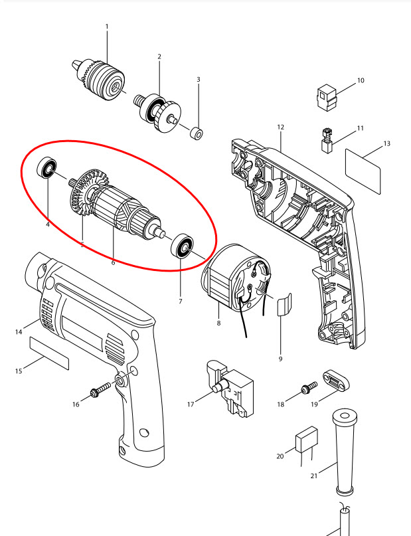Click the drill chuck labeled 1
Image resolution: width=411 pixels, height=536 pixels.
tap(98, 79)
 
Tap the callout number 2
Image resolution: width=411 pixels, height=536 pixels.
tap(159, 56)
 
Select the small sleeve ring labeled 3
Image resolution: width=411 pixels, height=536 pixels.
tap(197, 133)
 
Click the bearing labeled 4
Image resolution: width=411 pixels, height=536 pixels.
tap(46, 167)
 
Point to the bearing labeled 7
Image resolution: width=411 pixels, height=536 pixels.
tap(182, 246)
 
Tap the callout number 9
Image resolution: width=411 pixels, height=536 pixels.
tap(280, 359)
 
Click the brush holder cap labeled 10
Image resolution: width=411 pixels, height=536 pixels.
tap(327, 98)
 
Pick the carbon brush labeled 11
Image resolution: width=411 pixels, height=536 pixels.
tap(327, 140)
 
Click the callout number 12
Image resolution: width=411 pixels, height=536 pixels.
tap(280, 127)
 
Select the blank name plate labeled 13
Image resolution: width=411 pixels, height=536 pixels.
tap(363, 171)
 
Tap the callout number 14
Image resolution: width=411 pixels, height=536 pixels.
tap(19, 331)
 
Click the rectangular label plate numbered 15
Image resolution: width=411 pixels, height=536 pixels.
tap(49, 353)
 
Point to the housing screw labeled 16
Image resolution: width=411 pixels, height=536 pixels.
tap(101, 389)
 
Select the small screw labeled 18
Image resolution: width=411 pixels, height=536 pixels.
tap(309, 388)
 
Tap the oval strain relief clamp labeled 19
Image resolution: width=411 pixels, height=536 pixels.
tap(336, 380)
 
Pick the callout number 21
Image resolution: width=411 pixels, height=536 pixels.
tap(314, 476)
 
